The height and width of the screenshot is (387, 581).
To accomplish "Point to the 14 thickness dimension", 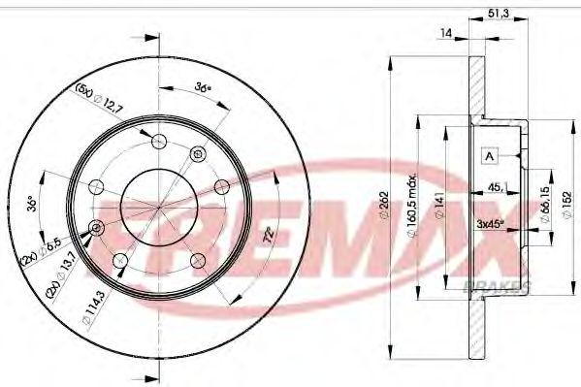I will (446, 33).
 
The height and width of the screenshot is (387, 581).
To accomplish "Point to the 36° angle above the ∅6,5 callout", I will (33, 205).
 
